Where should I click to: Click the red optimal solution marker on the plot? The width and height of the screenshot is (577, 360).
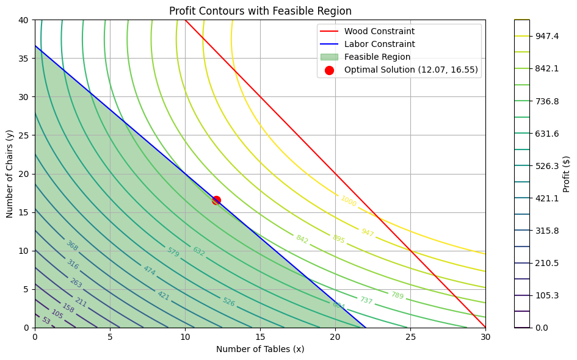pos(216,200)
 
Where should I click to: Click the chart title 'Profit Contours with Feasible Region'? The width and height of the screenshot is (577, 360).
pos(260,11)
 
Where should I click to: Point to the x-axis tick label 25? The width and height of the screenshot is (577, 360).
pos(410,337)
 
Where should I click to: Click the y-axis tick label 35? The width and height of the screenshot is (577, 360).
pos(23,59)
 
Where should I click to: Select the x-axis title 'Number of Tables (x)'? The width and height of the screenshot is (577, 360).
pos(260,349)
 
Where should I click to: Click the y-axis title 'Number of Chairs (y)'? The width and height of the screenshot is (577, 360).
pos(10,174)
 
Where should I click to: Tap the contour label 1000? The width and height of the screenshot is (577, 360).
pos(349,201)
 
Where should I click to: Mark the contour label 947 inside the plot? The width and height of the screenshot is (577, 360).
pos(367,232)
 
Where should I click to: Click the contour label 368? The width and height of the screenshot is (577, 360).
pos(72,246)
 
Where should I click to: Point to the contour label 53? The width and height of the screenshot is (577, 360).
pos(46,320)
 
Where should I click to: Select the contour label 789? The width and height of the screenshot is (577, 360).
pos(397,295)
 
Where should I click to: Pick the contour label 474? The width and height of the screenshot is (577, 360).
pos(149,269)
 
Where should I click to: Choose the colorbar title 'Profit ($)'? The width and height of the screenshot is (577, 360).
pos(567,174)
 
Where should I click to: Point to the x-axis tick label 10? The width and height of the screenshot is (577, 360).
pos(185,337)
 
